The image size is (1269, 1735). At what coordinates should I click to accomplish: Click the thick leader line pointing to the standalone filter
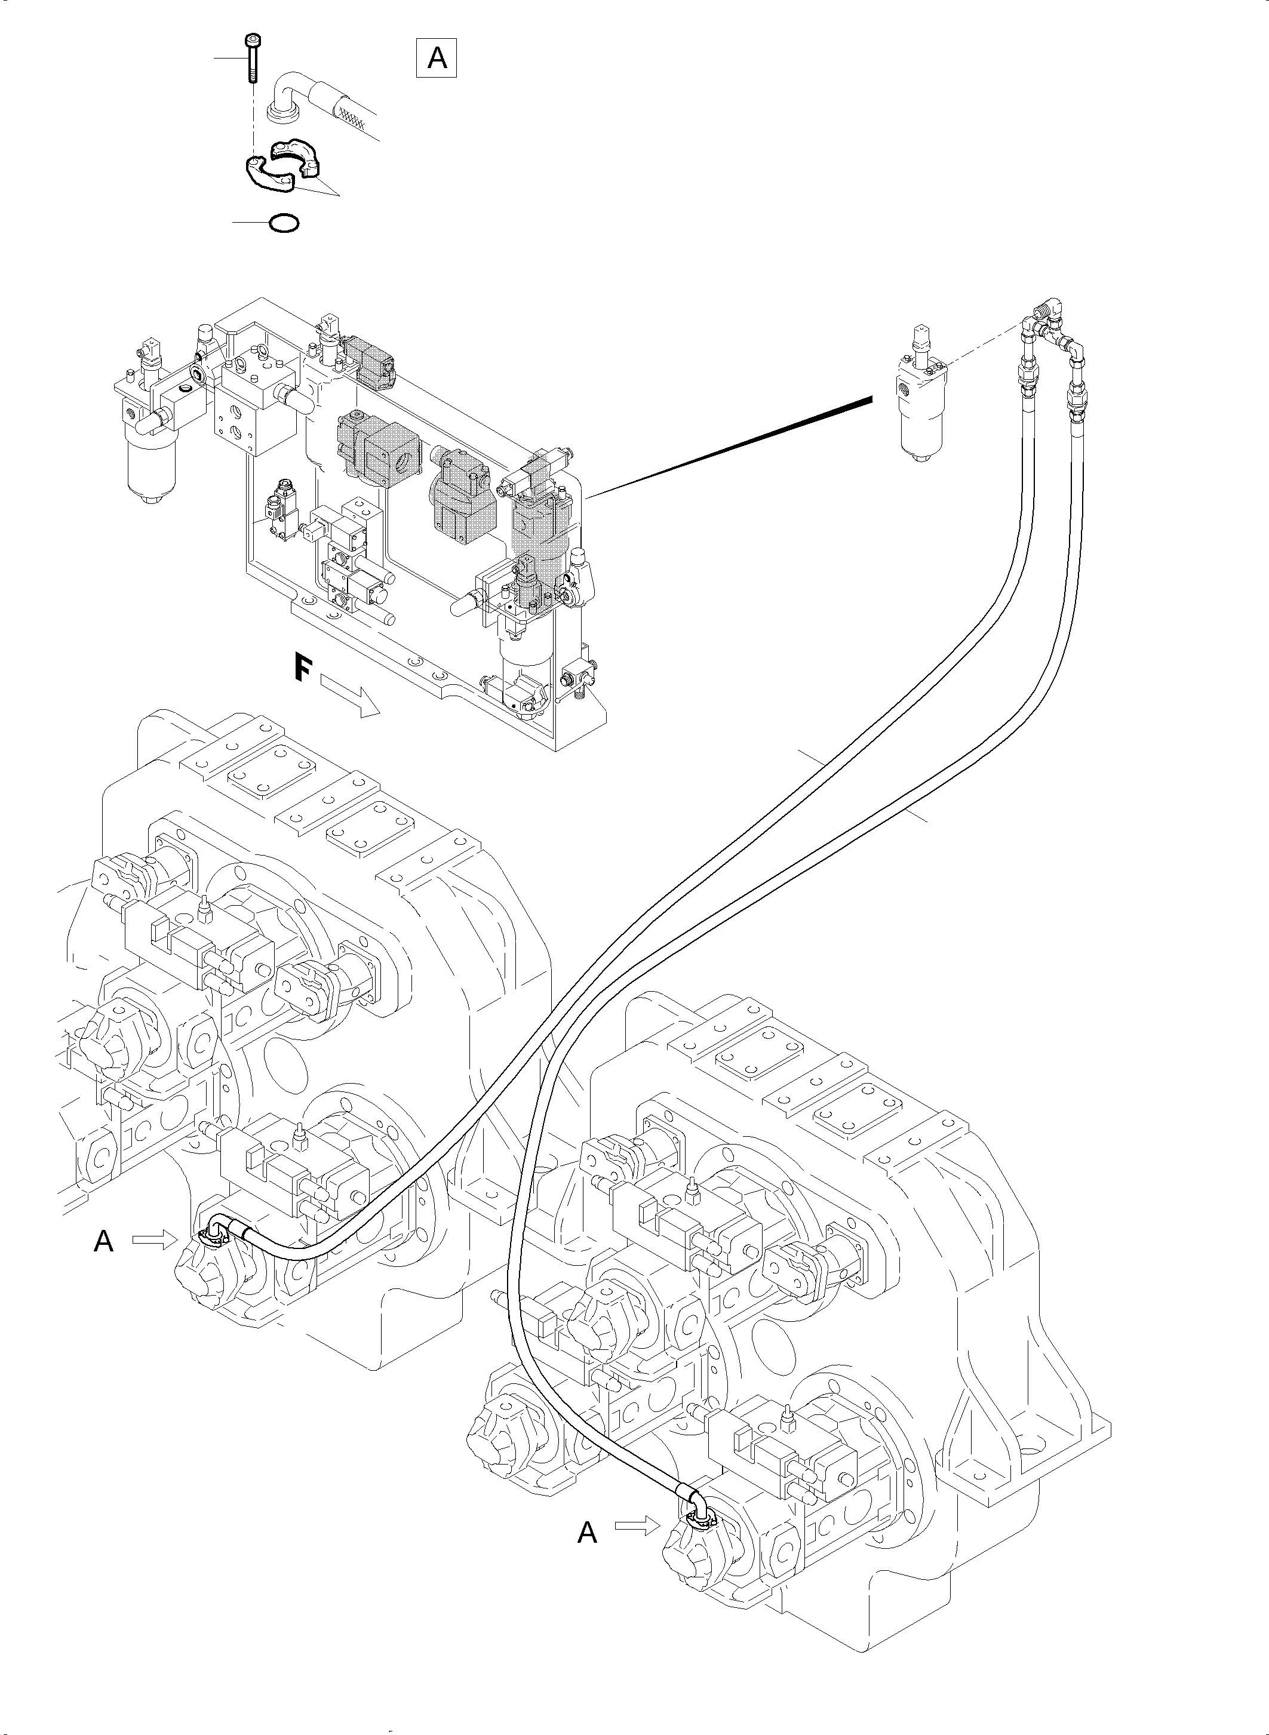[x=730, y=445]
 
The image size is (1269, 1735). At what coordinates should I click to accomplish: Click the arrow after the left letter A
[x=153, y=1239]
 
